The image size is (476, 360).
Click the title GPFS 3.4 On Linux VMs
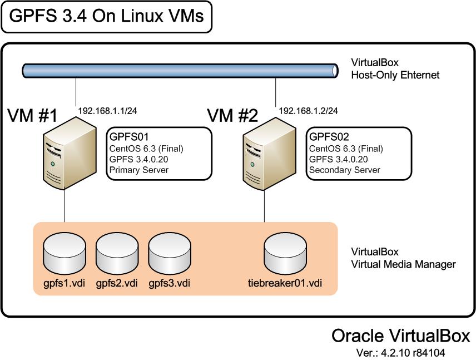click(106, 16)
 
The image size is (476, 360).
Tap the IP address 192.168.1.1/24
click(107, 111)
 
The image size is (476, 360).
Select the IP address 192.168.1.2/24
click(308, 111)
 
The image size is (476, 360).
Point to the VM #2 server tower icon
click(270, 154)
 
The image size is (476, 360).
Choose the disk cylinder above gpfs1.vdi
click(65, 253)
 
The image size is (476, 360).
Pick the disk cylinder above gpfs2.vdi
click(117, 253)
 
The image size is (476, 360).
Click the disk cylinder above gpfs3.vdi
click(170, 253)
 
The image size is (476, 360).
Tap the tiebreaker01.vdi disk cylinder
click(285, 253)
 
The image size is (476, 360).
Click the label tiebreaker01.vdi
click(285, 283)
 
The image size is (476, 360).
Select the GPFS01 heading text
click(129, 137)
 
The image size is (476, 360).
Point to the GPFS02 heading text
click(329, 137)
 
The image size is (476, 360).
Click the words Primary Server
click(138, 170)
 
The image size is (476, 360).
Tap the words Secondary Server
click(345, 170)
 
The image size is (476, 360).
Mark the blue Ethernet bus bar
click(180, 71)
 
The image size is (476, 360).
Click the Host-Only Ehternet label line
click(395, 75)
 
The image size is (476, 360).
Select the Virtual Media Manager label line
click(404, 264)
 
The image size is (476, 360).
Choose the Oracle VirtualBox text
click(401, 336)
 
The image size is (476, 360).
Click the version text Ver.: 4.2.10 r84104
click(401, 353)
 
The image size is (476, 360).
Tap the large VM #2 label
click(232, 116)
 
